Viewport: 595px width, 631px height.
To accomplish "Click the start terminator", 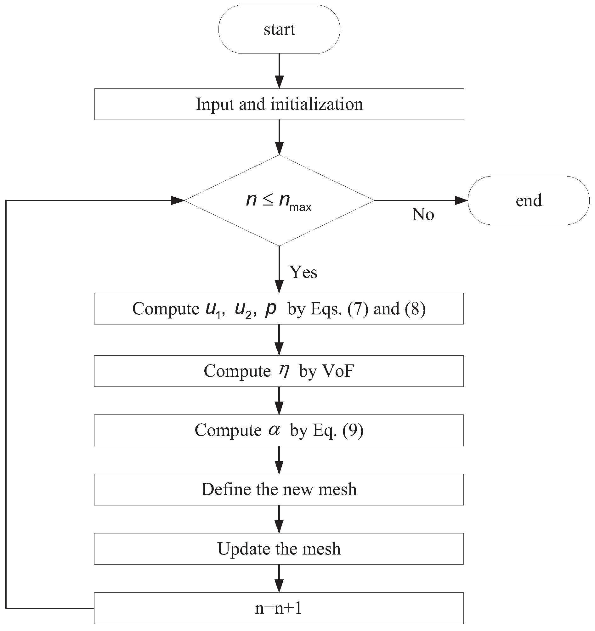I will coord(279,29).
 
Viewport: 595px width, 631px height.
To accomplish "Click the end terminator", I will coord(528,200).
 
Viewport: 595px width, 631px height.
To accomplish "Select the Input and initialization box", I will coord(279,104).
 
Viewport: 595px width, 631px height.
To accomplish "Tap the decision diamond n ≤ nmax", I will coord(279,200).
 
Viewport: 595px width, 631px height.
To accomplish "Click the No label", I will coord(423,214).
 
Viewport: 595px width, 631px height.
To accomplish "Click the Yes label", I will coord(303,272).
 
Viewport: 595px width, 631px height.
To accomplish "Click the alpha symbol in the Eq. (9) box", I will coord(274,430).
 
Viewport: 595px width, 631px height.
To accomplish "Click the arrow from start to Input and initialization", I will coord(279,71).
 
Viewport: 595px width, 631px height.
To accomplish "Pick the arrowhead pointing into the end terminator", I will coord(461,200).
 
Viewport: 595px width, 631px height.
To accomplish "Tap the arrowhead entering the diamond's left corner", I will coord(178,200).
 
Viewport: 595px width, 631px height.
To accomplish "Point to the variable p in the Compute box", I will coord(270,309).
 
